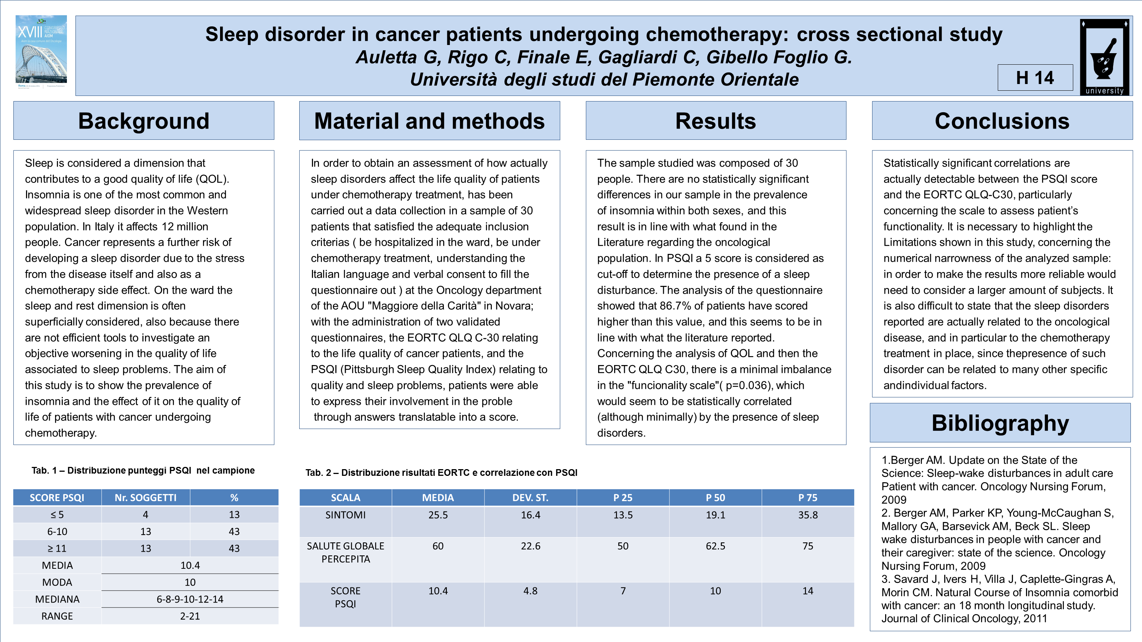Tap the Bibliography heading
(1000, 423)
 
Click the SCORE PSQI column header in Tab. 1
(57, 498)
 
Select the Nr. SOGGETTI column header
(145, 498)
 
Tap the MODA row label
(57, 583)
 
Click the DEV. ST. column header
(530, 498)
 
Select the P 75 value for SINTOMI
(808, 515)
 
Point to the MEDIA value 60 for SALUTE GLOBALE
(438, 546)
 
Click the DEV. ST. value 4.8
(530, 591)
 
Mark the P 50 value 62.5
(716, 546)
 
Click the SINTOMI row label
(345, 515)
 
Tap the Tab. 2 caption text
(441, 472)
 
